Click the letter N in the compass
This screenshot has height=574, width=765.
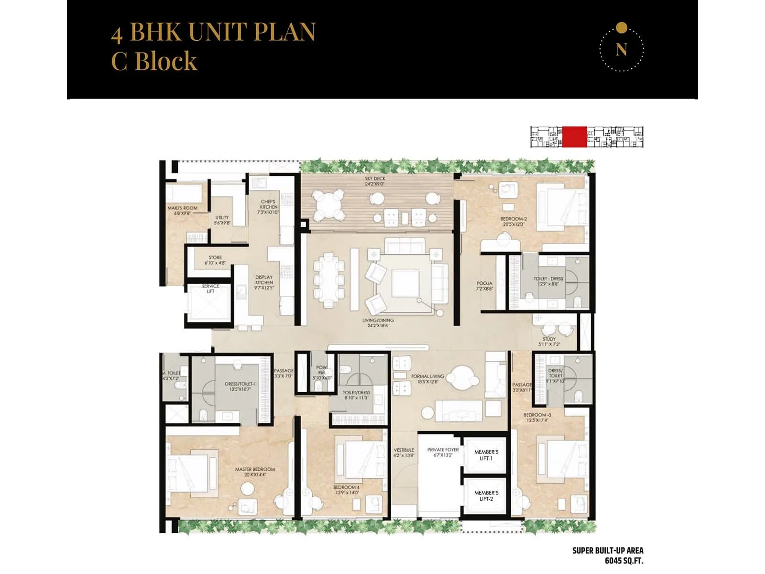tap(621, 50)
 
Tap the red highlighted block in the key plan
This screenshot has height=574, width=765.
tap(574, 137)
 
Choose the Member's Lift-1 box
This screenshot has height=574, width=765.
tap(486, 455)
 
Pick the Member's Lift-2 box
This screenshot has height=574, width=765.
tap(486, 496)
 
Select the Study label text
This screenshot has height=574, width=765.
tap(549, 339)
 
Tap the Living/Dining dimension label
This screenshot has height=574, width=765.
tap(378, 326)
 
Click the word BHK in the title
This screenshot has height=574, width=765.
tap(156, 33)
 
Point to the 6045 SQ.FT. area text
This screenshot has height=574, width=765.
tap(624, 561)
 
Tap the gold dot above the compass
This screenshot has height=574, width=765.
tap(621, 28)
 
